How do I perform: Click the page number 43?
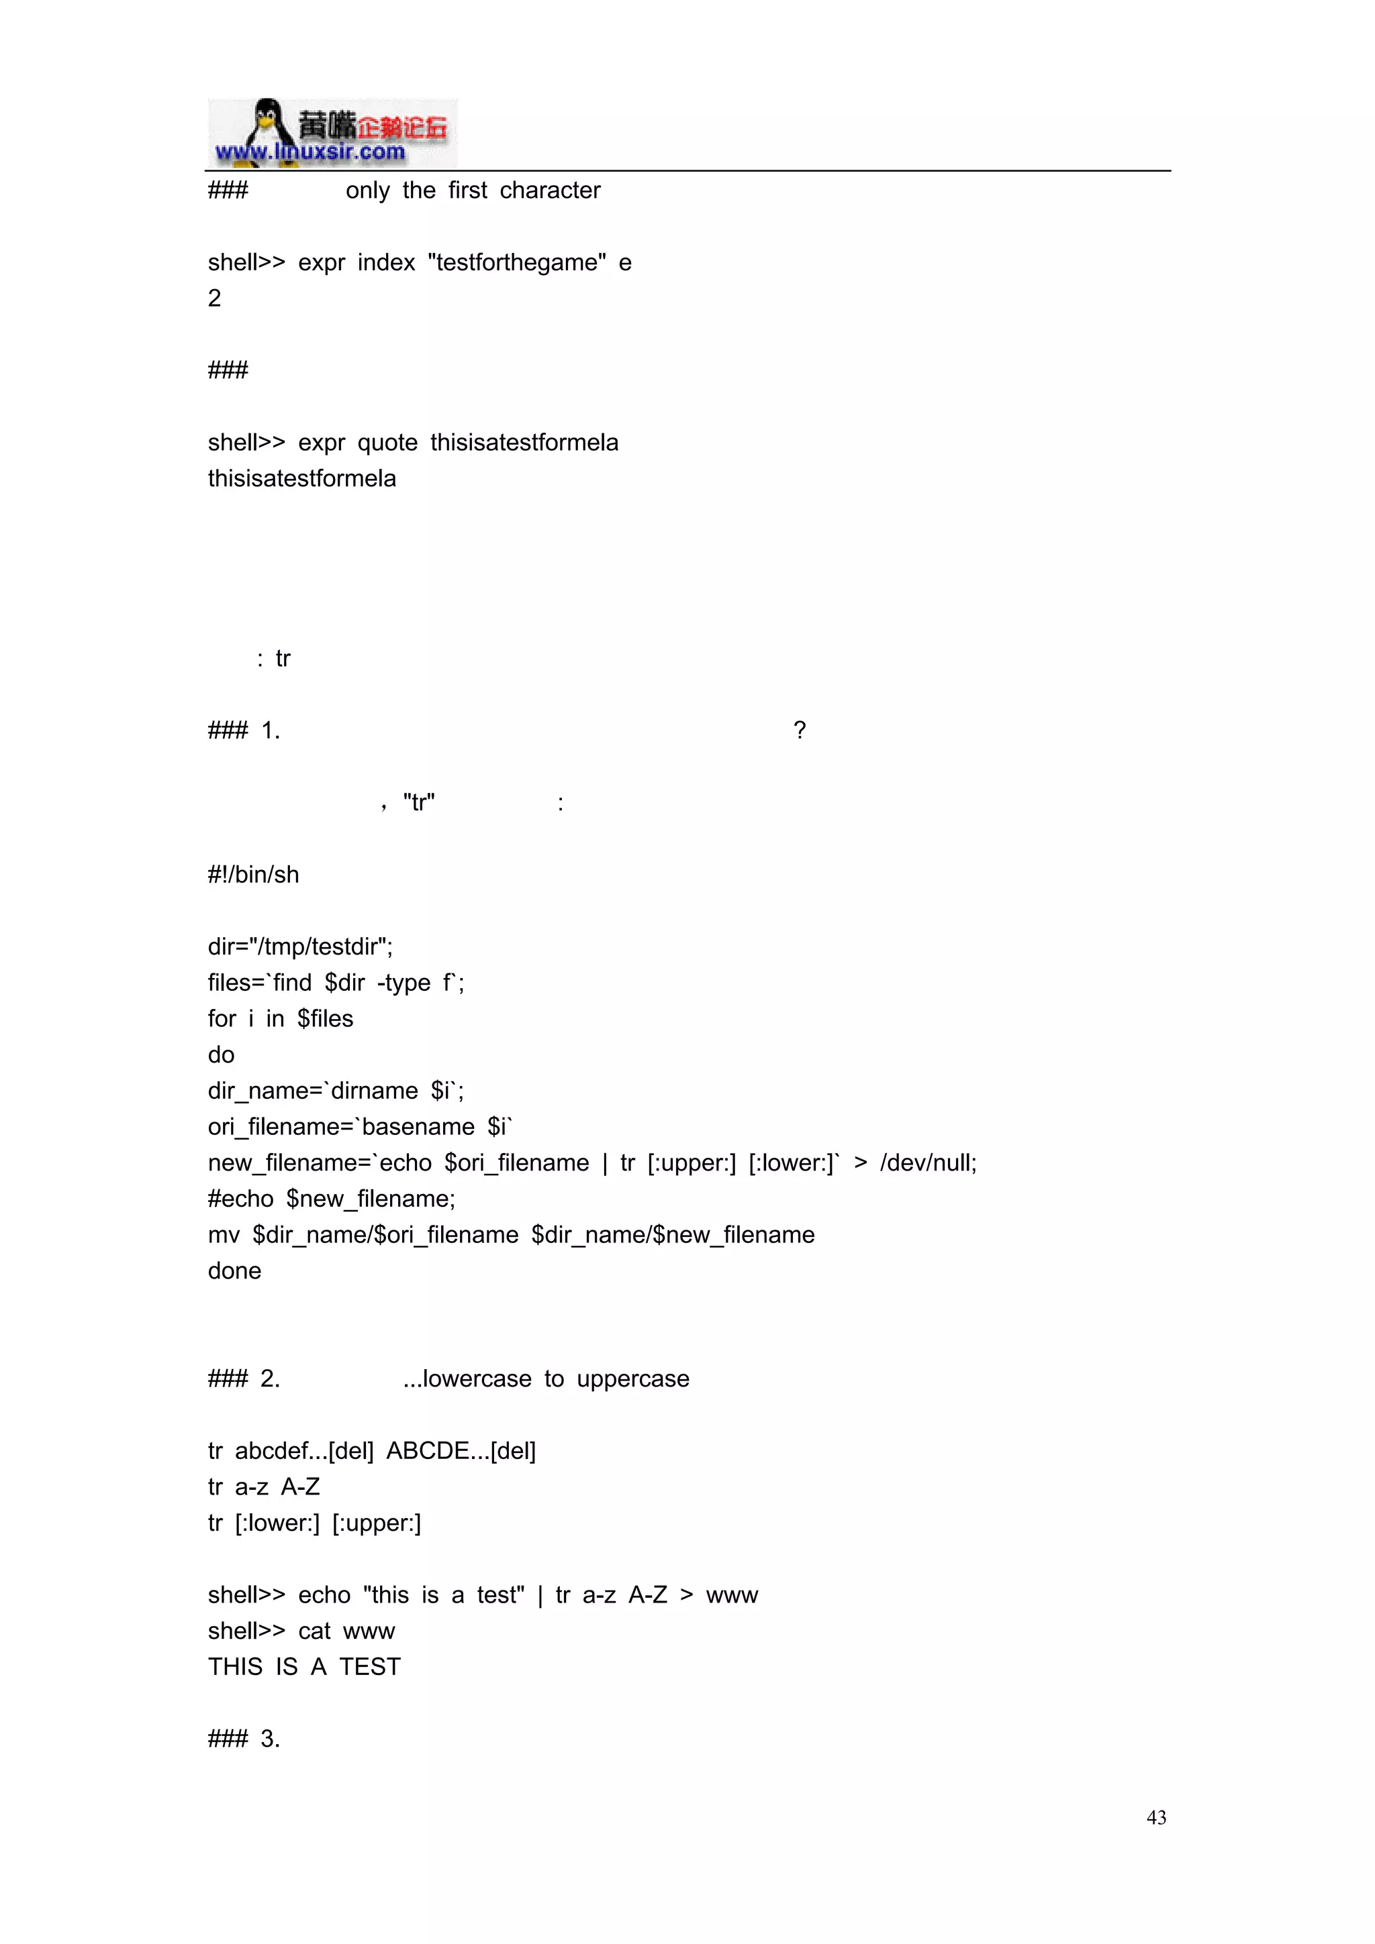point(1155,1817)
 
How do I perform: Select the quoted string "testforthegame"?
point(517,262)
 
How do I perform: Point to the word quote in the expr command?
point(387,443)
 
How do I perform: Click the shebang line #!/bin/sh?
point(253,875)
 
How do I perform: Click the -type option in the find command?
point(404,983)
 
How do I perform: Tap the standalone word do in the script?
point(221,1055)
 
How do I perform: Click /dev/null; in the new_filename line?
point(929,1163)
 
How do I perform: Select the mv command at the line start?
point(224,1236)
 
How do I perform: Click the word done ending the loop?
point(235,1271)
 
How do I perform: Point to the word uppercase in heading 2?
point(633,1379)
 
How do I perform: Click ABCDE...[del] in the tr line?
point(461,1451)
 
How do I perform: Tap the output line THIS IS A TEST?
point(304,1667)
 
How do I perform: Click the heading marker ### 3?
point(244,1739)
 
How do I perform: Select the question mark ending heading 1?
point(799,731)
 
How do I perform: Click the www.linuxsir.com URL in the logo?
point(310,152)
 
